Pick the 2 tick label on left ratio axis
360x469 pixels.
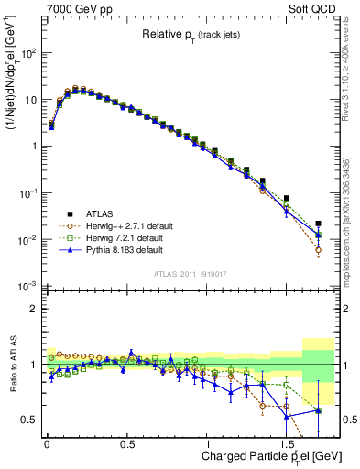tap(32, 310)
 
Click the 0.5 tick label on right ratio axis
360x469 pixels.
tap(347, 420)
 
